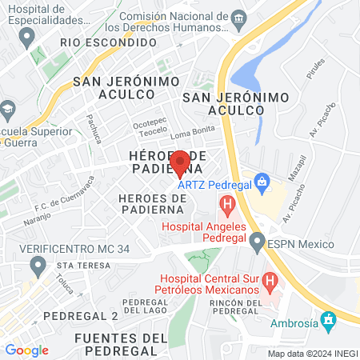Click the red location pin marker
coord(180,164)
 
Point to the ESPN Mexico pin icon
coord(257,241)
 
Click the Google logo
coord(26,350)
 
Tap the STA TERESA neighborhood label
coord(82,265)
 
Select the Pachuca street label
coord(94,127)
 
